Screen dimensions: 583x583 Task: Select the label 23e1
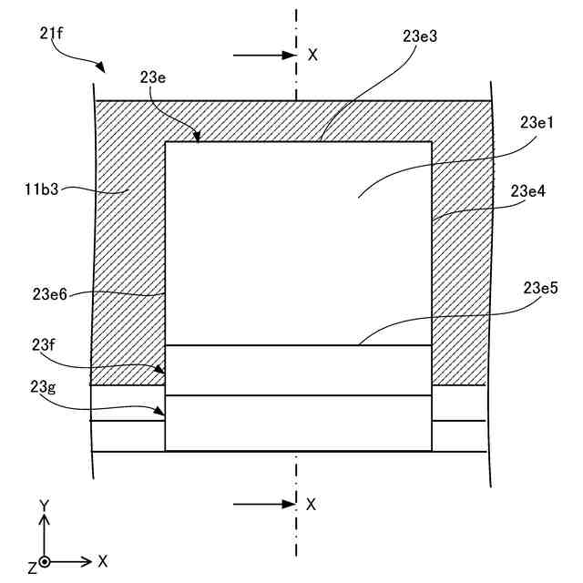pyautogui.click(x=539, y=122)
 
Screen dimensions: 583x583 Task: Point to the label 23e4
pyautogui.click(x=530, y=191)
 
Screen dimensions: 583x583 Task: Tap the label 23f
pyautogui.click(x=44, y=343)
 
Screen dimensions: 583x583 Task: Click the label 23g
pyautogui.click(x=44, y=386)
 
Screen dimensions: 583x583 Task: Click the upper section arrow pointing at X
pyautogui.click(x=263, y=56)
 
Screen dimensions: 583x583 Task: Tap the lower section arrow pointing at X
pyautogui.click(x=263, y=504)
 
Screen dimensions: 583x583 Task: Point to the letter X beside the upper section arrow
pyautogui.click(x=312, y=55)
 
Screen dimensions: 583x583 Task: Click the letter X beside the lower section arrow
pyautogui.click(x=312, y=504)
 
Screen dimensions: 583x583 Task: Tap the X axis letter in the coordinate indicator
pyautogui.click(x=103, y=561)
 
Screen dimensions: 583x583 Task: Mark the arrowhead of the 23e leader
pyautogui.click(x=195, y=138)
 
